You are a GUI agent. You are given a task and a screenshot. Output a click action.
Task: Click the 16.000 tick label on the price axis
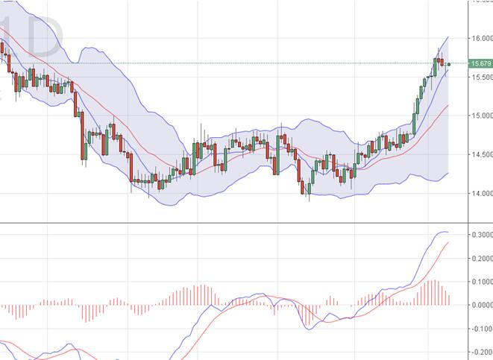point(480,38)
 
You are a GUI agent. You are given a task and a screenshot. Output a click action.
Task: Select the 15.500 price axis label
point(480,77)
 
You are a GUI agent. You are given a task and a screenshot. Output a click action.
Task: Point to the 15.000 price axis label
point(480,116)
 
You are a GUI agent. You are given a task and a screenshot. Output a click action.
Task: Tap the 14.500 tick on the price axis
point(480,154)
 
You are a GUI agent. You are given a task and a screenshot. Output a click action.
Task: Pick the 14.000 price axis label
point(480,194)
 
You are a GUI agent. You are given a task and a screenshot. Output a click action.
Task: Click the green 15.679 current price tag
point(480,64)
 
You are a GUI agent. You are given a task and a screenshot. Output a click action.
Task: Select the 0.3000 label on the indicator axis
point(481,234)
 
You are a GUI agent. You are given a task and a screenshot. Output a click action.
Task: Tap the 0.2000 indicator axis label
point(481,258)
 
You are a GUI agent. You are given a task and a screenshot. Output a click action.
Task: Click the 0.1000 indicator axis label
point(481,281)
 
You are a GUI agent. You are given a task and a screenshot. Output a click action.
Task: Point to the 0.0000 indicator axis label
point(481,305)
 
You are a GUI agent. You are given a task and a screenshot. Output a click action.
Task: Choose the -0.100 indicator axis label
point(481,328)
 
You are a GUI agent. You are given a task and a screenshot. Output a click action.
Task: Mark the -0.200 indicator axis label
point(481,352)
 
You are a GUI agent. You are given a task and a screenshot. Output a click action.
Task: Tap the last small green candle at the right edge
point(448,64)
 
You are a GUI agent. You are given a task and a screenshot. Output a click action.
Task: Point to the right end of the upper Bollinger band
point(448,36)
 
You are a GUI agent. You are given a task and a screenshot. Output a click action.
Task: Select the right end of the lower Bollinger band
point(448,173)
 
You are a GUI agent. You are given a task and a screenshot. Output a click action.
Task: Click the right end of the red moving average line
point(448,106)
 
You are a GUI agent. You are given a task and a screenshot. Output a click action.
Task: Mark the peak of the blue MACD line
point(442,232)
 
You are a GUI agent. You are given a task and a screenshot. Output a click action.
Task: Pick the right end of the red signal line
point(448,242)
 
